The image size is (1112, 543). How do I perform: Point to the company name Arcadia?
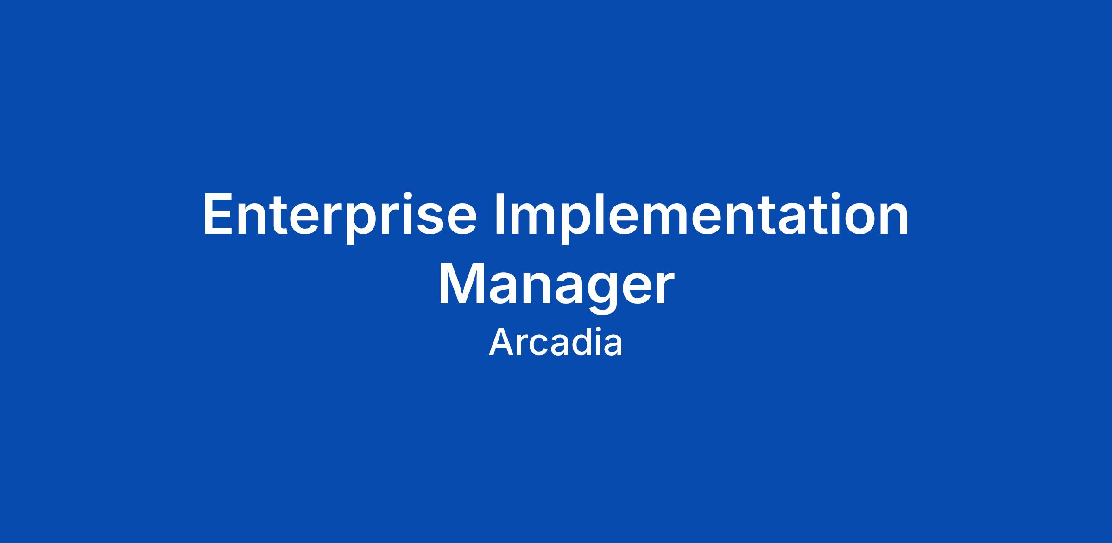(556, 342)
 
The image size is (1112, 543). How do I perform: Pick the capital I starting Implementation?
(499, 213)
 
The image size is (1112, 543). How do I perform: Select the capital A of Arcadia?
(500, 343)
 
